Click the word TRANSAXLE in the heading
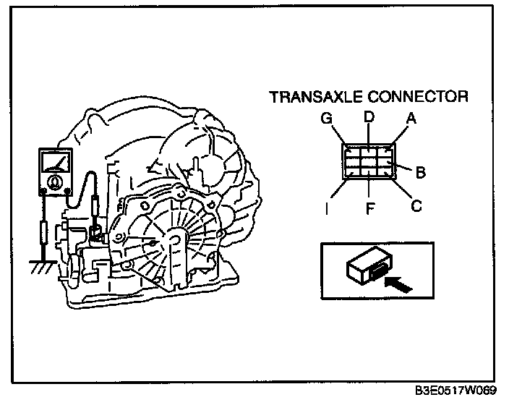(314, 97)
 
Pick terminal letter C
(415, 206)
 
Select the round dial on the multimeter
(55, 182)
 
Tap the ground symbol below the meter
(41, 268)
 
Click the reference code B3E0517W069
(456, 392)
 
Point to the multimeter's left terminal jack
(43, 192)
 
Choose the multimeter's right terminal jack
(67, 192)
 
